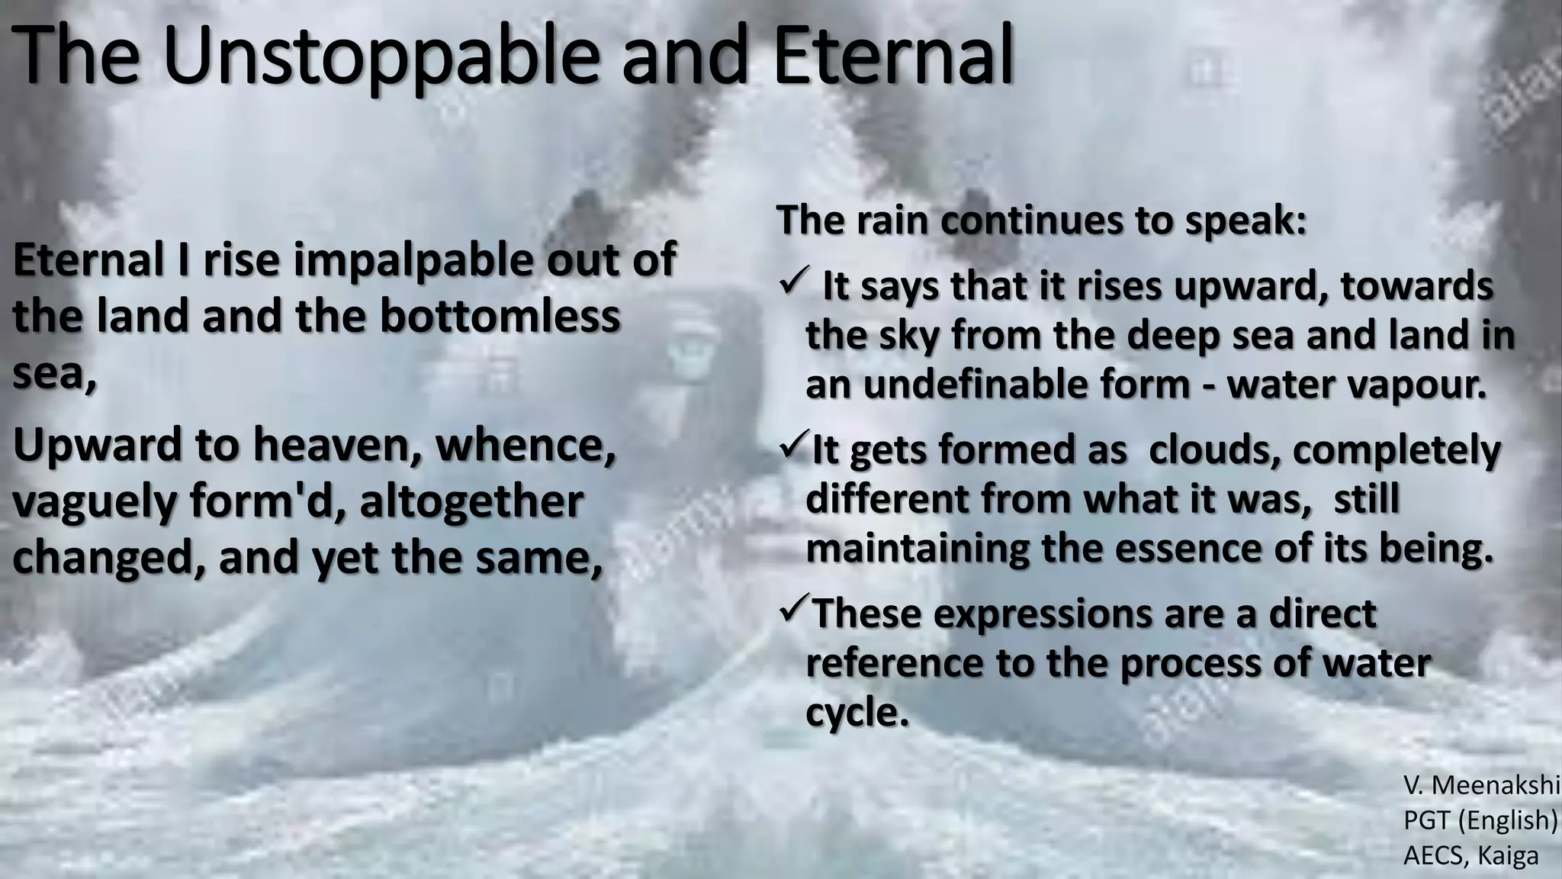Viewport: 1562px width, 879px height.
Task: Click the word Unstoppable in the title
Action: click(x=380, y=55)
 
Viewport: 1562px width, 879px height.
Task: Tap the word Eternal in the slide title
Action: click(x=893, y=55)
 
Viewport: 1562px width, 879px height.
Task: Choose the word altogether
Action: click(x=471, y=501)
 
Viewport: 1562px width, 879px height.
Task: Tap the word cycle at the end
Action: click(x=857, y=712)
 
